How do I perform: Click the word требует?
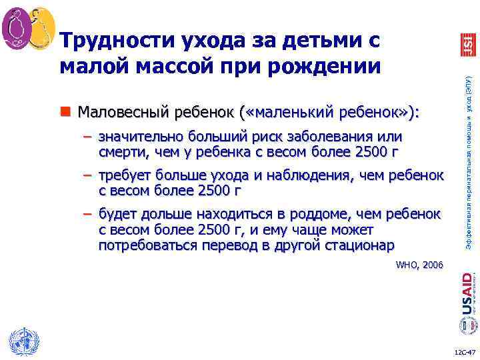point(125,175)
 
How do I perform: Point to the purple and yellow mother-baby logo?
point(29,29)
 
